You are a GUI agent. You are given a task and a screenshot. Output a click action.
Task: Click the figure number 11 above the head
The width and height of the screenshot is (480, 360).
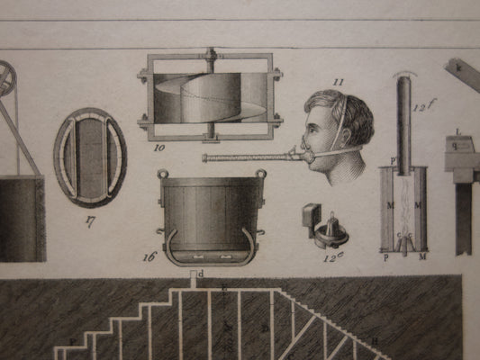click(338, 82)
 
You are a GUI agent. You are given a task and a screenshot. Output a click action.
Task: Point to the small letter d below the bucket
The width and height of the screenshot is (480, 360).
click(201, 273)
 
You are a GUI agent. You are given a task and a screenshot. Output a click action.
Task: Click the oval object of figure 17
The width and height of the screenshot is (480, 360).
click(89, 157)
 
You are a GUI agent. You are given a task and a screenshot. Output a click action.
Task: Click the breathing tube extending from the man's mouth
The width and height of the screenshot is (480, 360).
click(252, 158)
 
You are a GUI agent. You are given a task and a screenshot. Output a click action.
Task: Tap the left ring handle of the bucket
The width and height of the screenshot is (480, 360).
click(163, 173)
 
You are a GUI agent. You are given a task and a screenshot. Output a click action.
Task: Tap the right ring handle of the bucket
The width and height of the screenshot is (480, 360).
click(260, 173)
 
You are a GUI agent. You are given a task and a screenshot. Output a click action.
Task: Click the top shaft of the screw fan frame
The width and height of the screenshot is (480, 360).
click(211, 57)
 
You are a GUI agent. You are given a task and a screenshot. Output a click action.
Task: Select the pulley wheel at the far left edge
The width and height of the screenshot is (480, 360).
click(7, 79)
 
